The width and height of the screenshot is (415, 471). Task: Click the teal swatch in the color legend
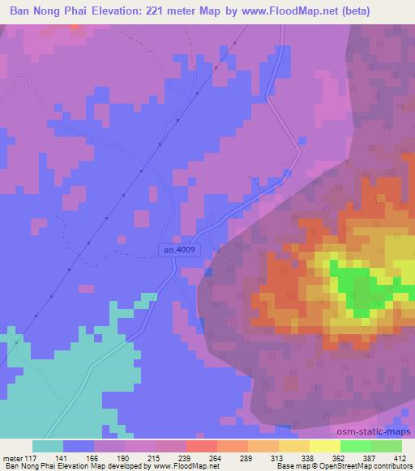coord(48,447)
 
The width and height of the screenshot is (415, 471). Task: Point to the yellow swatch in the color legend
coord(325,447)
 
